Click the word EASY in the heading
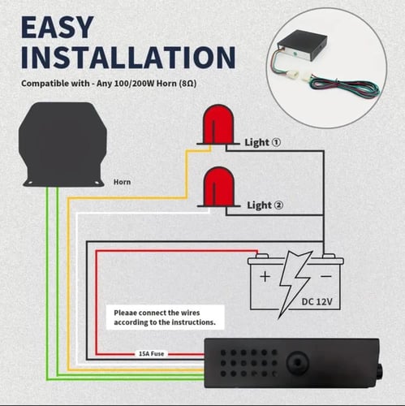tap(58, 28)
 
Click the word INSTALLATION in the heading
tap(128, 58)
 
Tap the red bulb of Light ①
tap(218, 124)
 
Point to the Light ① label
tap(263, 142)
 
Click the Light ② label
tap(265, 205)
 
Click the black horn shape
tap(62, 144)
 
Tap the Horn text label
tap(122, 182)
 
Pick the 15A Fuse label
tap(151, 354)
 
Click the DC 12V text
tap(317, 301)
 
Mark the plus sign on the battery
tap(265, 277)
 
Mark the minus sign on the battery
tap(326, 276)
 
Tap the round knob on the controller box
tap(297, 362)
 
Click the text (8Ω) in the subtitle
tap(187, 84)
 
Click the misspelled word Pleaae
tap(127, 313)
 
